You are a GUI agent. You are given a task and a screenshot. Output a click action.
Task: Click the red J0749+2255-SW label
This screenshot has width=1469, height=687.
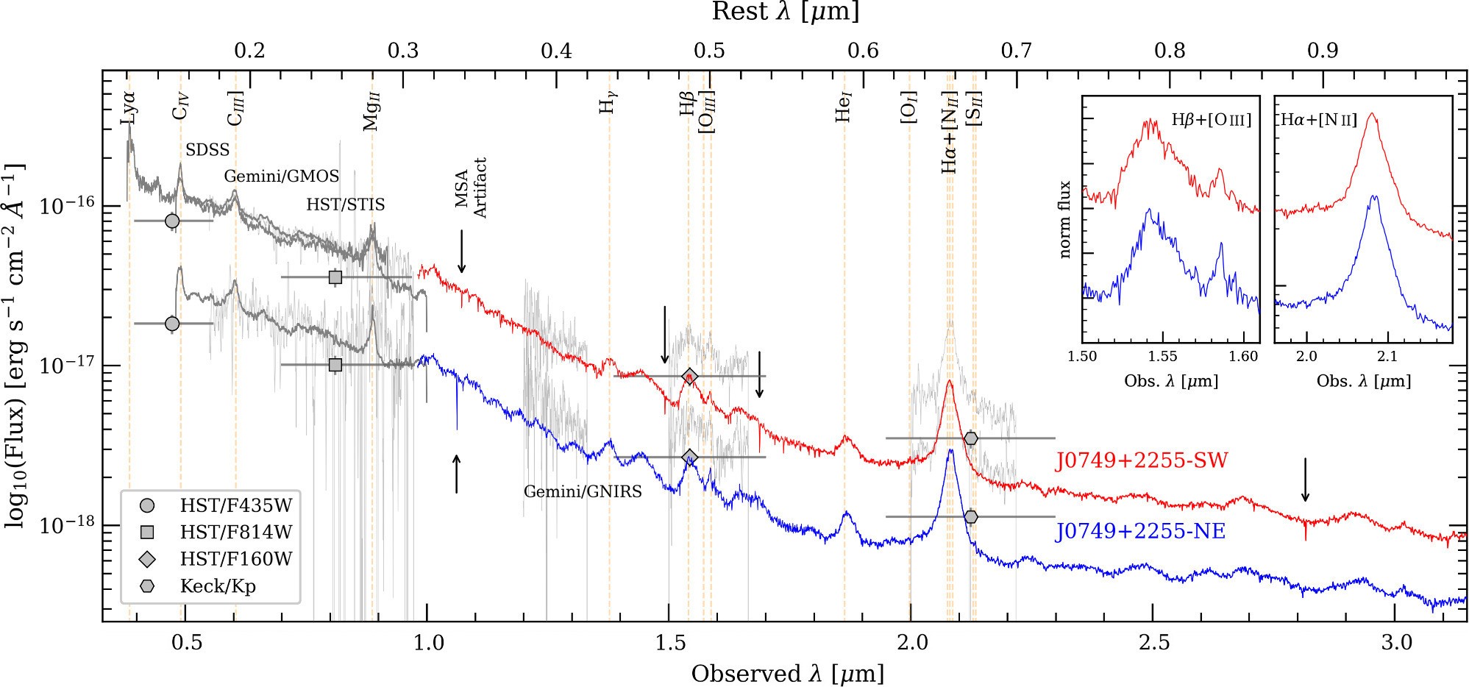(x=1142, y=461)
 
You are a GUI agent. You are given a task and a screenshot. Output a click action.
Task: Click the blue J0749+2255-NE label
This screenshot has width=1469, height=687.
(x=1142, y=531)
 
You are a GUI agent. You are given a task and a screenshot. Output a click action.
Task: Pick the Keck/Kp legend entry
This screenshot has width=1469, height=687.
(x=218, y=586)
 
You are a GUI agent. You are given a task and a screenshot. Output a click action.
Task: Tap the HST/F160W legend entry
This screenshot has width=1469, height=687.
(x=235, y=559)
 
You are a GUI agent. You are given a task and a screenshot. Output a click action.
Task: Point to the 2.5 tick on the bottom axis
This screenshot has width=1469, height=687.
(x=1153, y=643)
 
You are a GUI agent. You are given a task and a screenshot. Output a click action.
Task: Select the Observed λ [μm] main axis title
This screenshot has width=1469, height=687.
(x=787, y=674)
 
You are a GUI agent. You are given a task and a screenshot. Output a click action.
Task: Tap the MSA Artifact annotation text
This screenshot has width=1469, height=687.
(x=471, y=188)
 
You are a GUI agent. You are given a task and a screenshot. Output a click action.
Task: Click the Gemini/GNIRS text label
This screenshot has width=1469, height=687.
(x=583, y=491)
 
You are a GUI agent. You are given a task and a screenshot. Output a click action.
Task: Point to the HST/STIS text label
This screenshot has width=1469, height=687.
(x=345, y=204)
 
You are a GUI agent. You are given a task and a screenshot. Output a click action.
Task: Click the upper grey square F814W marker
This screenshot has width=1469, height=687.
(x=335, y=277)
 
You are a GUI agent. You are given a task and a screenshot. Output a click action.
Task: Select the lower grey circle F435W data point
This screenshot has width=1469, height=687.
(x=172, y=323)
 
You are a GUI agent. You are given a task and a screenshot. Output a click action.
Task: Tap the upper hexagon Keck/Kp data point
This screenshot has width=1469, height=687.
(x=971, y=438)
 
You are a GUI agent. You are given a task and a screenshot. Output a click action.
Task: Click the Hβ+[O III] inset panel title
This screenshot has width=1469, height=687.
(x=1211, y=120)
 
